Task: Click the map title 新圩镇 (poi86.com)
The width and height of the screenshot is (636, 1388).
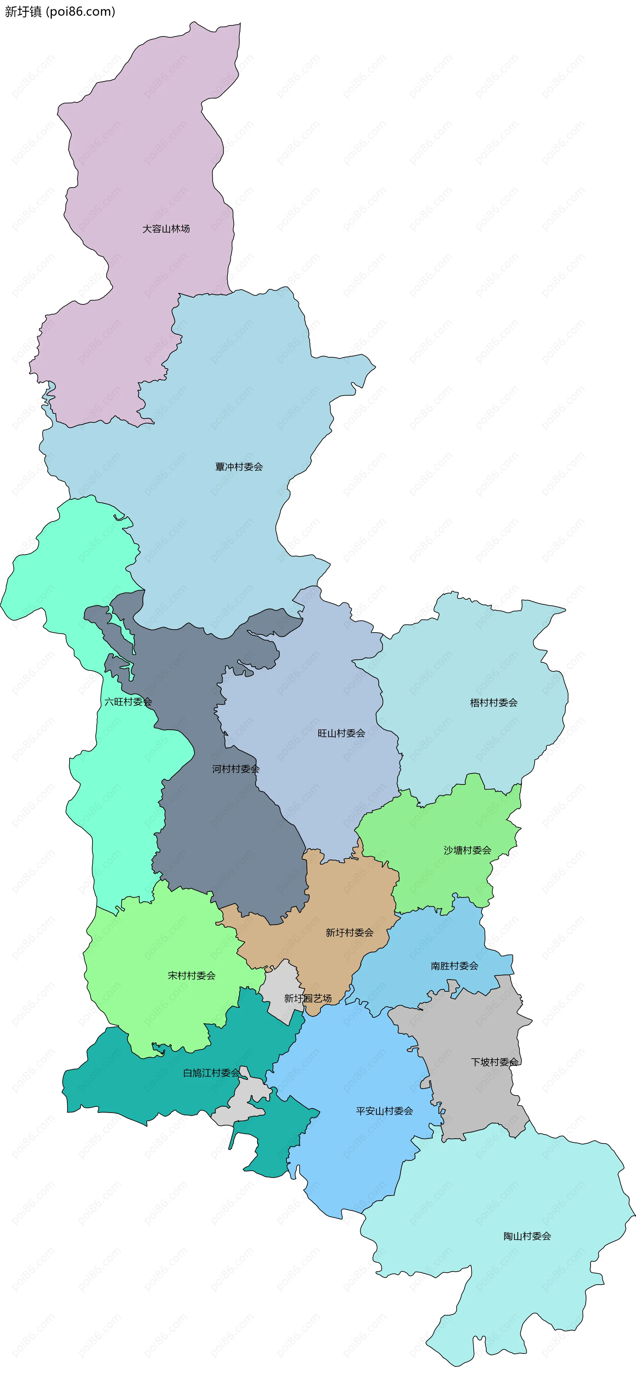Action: (x=60, y=11)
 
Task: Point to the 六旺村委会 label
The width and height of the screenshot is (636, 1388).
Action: (x=128, y=701)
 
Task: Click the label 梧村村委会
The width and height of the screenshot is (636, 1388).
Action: (x=493, y=703)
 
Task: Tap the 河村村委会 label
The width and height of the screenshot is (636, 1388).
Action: (x=235, y=769)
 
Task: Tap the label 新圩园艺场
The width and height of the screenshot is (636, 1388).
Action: (x=307, y=998)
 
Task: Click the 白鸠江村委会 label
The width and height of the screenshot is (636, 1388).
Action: (x=211, y=1073)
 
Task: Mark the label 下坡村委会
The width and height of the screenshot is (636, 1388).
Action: (x=494, y=1062)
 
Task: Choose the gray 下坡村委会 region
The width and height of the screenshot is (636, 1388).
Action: (x=474, y=1099)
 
